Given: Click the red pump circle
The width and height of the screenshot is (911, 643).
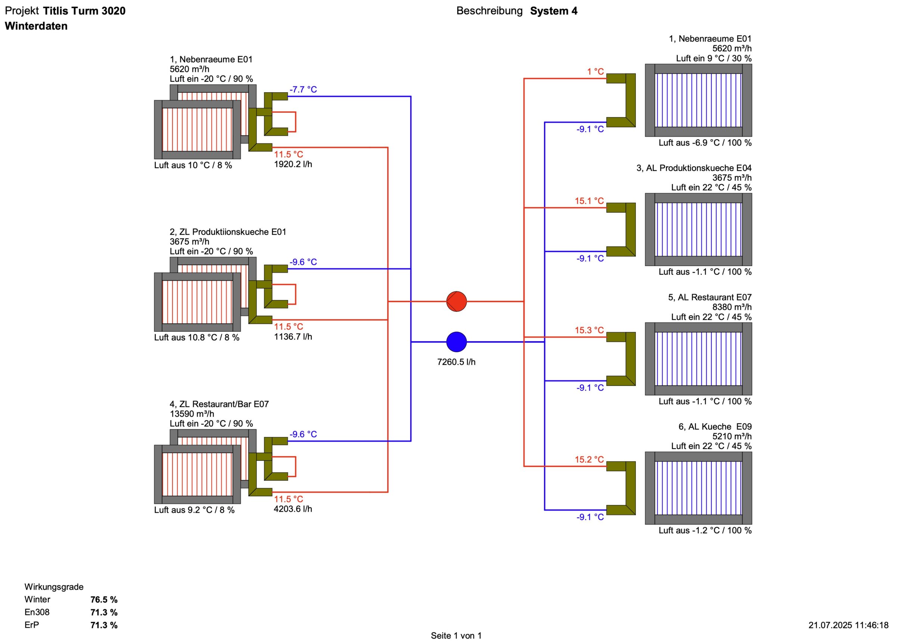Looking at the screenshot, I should pos(456,302).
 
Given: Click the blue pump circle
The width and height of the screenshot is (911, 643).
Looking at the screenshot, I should pos(456,341).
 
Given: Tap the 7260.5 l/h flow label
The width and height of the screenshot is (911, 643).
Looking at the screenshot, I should pos(456,362).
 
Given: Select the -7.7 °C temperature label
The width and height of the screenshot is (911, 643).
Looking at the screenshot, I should pos(303,90).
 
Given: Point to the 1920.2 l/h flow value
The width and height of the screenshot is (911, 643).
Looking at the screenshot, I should pos(293,164).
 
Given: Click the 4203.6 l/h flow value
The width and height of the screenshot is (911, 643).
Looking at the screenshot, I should pos(293,509).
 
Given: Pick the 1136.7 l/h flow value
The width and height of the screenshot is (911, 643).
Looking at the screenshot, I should pos(293,337).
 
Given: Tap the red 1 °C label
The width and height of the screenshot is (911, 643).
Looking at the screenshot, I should pos(595,72).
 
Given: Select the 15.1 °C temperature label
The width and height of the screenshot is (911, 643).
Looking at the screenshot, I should pos(589,201).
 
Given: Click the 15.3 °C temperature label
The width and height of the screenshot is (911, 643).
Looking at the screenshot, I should pos(589,330).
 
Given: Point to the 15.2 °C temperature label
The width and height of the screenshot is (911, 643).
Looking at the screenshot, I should pos(589,460).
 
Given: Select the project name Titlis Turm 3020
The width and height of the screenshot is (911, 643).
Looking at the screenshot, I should pos(84,11).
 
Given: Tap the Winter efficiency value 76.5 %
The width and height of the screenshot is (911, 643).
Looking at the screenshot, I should pos(104,599).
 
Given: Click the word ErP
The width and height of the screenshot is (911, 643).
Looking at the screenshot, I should pos(32,625).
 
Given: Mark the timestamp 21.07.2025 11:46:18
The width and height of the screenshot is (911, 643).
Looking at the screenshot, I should pos(848,625).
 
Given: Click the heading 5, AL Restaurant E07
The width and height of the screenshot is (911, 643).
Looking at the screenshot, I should pos(709,297).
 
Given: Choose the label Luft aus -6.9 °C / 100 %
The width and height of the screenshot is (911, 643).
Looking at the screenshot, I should pos(705,143).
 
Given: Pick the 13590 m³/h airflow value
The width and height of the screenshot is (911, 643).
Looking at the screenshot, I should pos(192,414).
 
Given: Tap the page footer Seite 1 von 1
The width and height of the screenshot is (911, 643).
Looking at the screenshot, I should pos(456,636).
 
